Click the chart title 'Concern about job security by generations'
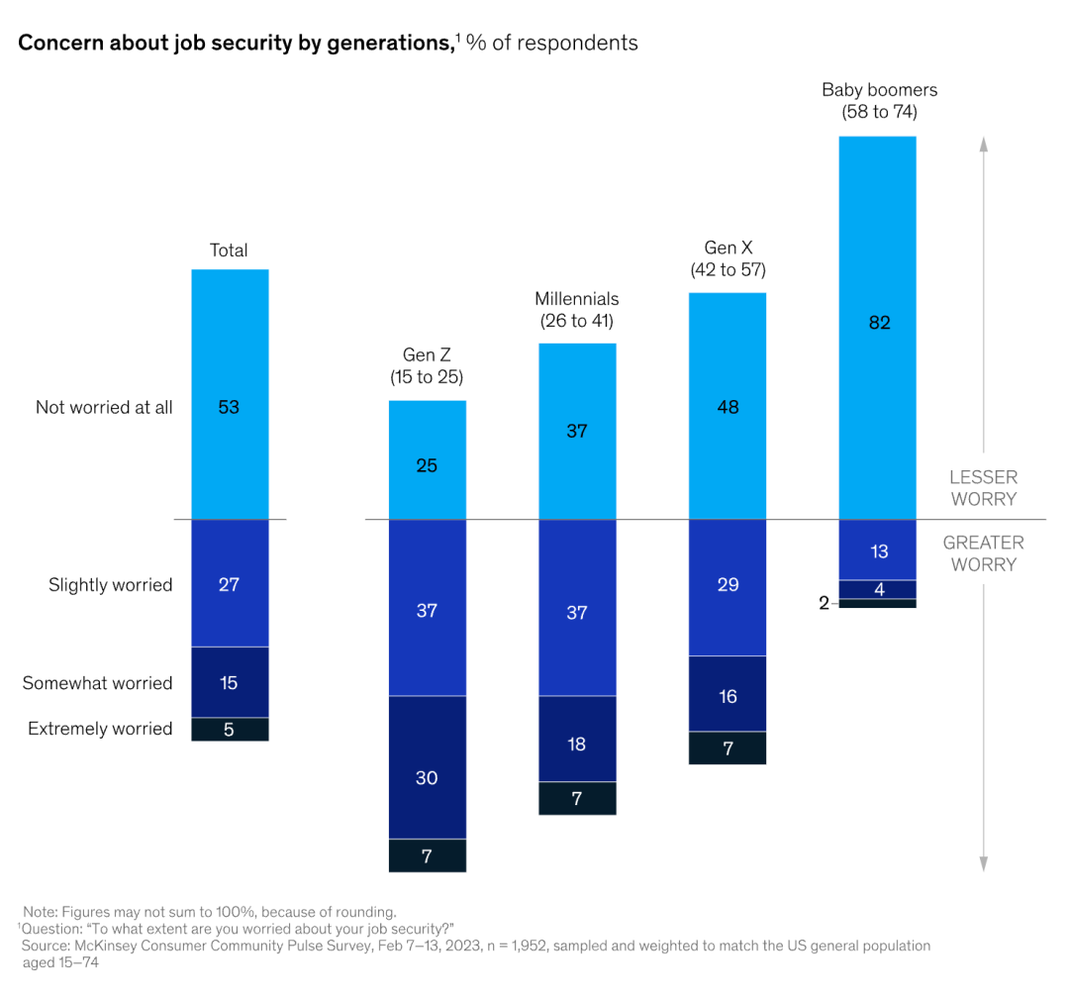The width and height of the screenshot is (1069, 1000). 235,43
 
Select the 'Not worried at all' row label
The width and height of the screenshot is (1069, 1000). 104,407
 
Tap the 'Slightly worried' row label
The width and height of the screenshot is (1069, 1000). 111,585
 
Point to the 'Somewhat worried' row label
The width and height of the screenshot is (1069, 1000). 98,683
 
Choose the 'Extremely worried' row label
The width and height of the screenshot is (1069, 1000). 100,729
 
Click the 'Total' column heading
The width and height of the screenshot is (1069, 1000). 229,250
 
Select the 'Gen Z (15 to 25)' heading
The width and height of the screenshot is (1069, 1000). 427,365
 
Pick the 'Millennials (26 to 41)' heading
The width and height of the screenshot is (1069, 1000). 577,309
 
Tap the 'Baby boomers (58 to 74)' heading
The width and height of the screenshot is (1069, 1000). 879,101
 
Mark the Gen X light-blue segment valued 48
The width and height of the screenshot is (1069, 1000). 728,406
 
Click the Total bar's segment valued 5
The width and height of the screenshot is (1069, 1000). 229,730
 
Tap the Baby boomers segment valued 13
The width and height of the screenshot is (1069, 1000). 878,550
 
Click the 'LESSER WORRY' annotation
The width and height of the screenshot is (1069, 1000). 983,488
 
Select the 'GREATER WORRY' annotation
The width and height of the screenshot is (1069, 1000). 983,553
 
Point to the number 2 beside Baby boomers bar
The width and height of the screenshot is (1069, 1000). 824,603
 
